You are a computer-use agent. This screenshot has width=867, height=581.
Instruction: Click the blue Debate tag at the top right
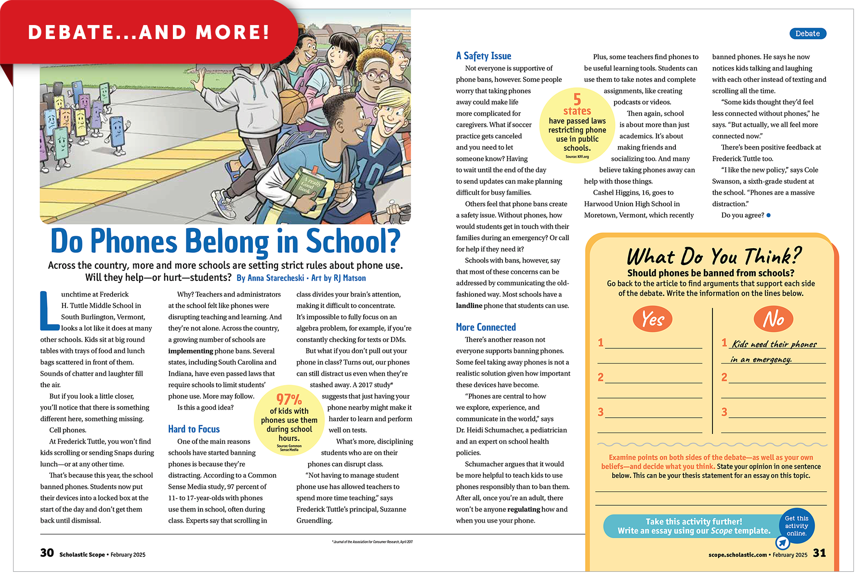[807, 34]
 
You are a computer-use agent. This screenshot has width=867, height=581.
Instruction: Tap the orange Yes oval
[653, 319]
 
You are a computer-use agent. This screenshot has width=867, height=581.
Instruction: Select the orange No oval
[774, 319]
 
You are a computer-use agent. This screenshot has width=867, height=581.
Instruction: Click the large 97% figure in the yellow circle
[289, 399]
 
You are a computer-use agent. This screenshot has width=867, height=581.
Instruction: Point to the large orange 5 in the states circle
[577, 99]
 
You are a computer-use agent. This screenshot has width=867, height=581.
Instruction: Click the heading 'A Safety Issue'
[484, 56]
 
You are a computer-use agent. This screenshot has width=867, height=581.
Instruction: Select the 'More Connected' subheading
[486, 327]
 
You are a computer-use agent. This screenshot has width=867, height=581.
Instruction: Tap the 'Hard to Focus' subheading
[194, 429]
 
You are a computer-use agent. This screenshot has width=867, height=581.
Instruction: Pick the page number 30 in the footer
[47, 553]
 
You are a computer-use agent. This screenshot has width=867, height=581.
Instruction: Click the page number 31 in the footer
[819, 553]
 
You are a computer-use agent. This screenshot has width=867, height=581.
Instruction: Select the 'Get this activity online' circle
[797, 526]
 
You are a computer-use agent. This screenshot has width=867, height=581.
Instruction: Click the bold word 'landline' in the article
[469, 305]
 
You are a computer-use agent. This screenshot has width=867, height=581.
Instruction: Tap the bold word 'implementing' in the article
[190, 351]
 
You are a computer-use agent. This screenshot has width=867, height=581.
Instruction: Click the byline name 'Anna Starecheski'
[276, 278]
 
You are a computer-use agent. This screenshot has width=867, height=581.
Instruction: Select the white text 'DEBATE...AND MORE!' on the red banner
[149, 32]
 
